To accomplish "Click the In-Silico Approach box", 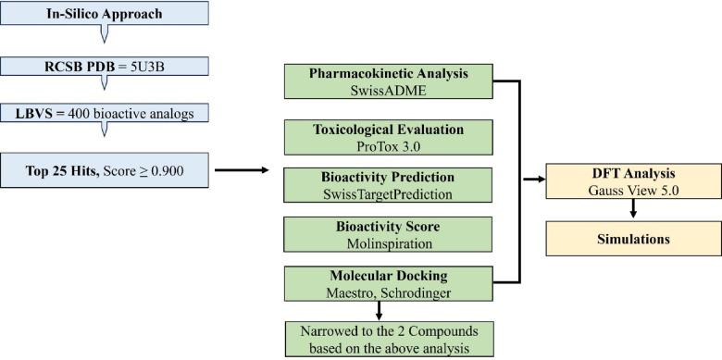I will click(105, 15).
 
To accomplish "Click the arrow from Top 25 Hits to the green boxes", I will click(243, 169).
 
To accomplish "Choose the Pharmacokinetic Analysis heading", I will click(388, 71).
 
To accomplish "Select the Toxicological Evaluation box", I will click(388, 138).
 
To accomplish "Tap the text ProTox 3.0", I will click(388, 145).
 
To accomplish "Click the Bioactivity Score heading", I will click(388, 226).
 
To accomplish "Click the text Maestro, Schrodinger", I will click(388, 292).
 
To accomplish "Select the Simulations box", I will click(632, 239).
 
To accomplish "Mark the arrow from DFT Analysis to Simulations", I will click(632, 212).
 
